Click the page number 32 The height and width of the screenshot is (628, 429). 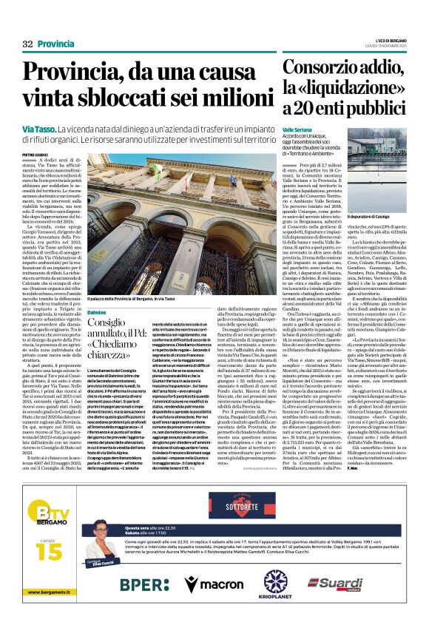tap(27, 44)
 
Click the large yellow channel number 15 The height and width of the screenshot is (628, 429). tap(44, 552)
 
